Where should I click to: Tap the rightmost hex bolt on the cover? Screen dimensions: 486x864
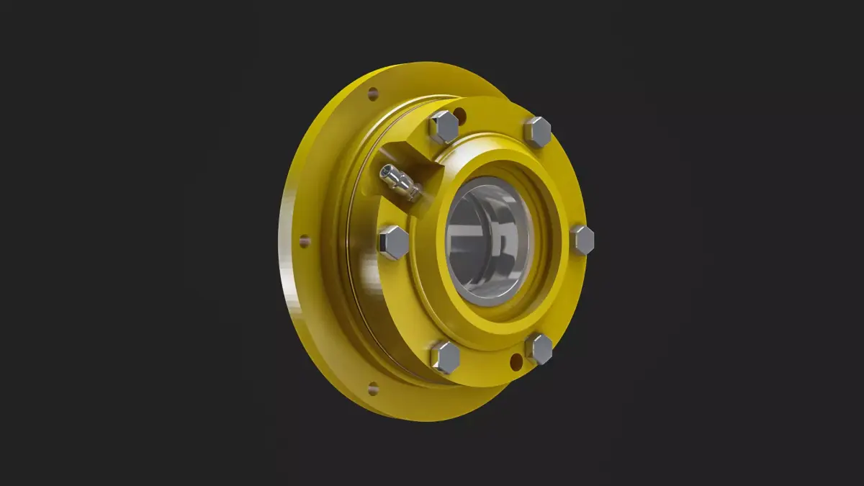[582, 240]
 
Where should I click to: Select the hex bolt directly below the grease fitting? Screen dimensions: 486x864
[393, 242]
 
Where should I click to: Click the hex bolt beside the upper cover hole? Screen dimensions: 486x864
[444, 127]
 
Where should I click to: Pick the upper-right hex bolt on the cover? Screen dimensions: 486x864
[537, 132]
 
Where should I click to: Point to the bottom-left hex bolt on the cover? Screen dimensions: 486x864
[445, 357]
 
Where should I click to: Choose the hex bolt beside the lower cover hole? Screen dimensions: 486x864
[539, 348]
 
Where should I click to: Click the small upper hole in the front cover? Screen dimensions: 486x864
[459, 113]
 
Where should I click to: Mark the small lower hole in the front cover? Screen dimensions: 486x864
[516, 361]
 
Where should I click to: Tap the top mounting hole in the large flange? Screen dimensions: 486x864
[373, 93]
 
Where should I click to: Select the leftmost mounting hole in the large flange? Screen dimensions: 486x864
[305, 241]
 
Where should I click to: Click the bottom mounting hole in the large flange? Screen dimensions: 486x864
[373, 389]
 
